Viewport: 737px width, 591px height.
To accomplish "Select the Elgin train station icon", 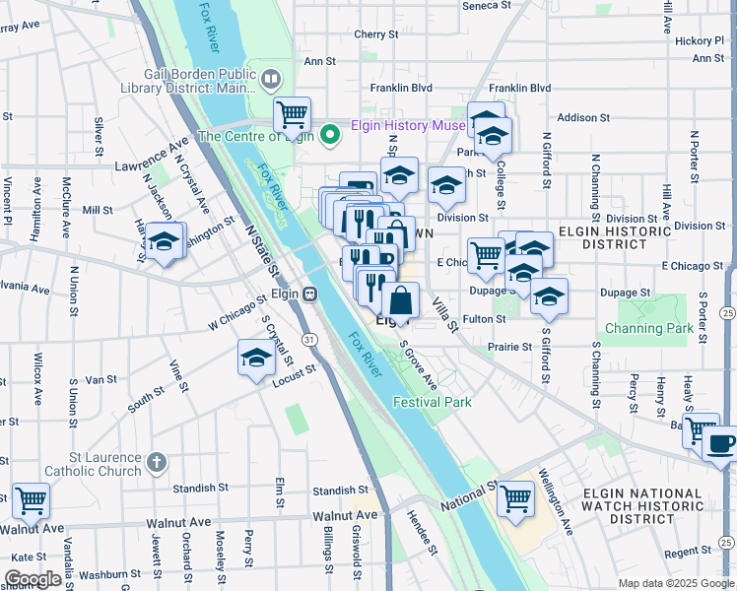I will (309, 293).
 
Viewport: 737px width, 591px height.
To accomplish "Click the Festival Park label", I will (432, 402).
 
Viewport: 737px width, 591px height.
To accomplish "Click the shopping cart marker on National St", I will (514, 497).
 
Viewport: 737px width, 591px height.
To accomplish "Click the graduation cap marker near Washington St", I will (167, 239).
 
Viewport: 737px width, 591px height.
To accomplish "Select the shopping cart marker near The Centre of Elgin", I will (293, 114).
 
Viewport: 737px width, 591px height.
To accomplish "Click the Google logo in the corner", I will (33, 579).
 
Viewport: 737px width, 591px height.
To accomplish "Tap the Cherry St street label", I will (375, 33).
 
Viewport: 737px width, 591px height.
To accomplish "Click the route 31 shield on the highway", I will (309, 339).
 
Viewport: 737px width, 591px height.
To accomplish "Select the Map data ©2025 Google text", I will (675, 583).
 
